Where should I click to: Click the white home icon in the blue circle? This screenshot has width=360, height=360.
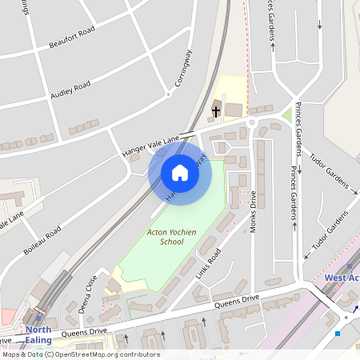[180, 173]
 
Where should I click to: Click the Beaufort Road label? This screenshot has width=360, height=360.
[71, 38]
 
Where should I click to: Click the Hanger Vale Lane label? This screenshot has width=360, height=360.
[150, 143]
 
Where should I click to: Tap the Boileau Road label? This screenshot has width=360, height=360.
[42, 240]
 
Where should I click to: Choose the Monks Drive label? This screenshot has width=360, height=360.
[254, 211]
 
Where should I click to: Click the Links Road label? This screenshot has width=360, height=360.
[208, 263]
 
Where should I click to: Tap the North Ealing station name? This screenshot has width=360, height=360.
[38, 334]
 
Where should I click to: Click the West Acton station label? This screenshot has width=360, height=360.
[342, 278]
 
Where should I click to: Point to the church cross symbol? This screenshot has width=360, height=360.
[216, 110]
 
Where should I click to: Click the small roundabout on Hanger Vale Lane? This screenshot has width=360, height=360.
[251, 122]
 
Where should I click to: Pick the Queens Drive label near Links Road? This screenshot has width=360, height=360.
[237, 302]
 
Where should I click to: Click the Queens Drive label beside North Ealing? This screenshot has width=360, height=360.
[84, 331]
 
